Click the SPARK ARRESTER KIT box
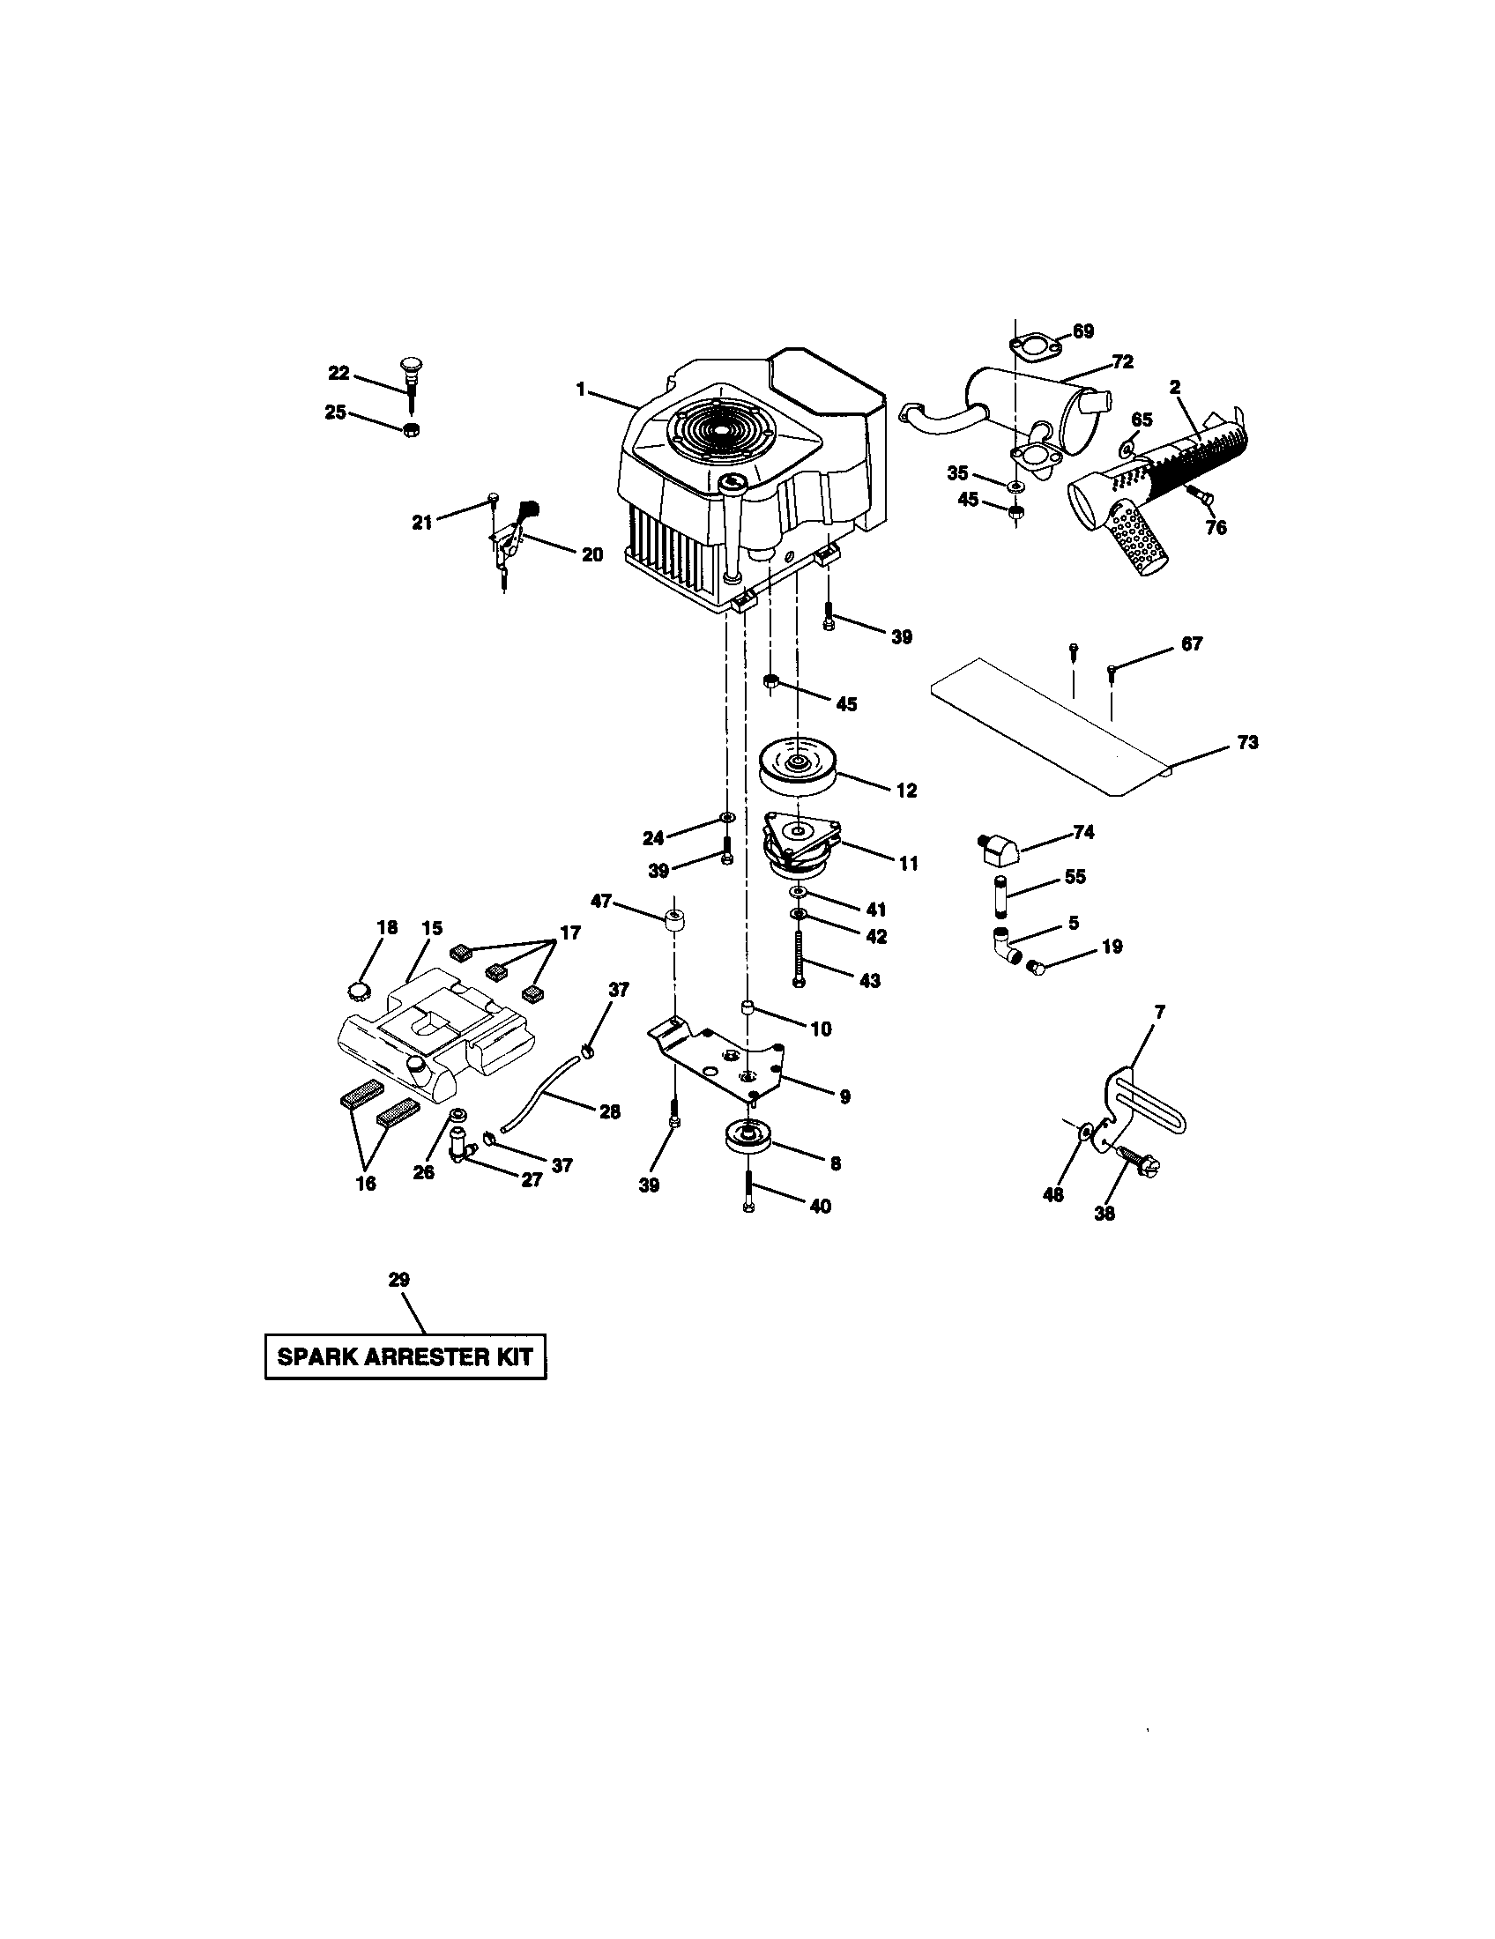click(405, 1356)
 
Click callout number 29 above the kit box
click(398, 1280)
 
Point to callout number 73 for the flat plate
click(1247, 743)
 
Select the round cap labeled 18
click(357, 990)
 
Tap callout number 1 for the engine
click(581, 389)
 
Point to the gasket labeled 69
click(1030, 346)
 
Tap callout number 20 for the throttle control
click(591, 555)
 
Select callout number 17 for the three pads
click(569, 933)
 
